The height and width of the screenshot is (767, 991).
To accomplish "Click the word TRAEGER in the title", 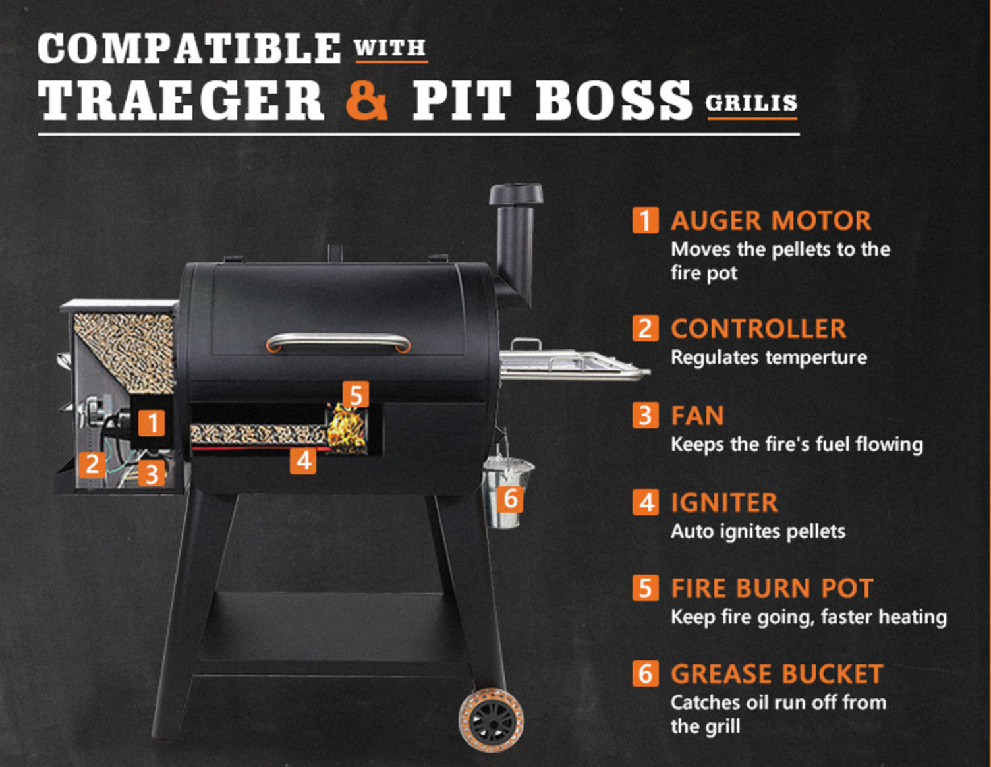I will [181, 101].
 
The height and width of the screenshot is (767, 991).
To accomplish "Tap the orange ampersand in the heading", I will [366, 100].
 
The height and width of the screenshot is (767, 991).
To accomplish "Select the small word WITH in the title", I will [390, 48].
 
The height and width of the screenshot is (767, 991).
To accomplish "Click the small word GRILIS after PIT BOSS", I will [751, 103].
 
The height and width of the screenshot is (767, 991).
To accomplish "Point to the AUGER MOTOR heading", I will [770, 221].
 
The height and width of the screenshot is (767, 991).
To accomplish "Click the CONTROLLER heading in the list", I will [758, 329].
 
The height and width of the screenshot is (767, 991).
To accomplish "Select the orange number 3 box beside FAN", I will [645, 416].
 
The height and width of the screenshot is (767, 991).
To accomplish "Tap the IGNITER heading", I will [723, 503].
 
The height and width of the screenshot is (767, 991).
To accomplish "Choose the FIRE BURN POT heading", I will [772, 588].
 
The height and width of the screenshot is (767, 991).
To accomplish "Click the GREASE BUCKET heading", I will [776, 674].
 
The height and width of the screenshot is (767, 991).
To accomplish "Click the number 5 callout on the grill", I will [356, 395].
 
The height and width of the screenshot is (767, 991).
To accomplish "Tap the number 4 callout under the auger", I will [303, 460].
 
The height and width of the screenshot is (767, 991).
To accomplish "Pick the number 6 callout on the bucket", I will [510, 499].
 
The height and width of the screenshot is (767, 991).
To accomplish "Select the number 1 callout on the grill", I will [152, 422].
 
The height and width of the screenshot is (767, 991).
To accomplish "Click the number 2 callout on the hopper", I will [92, 464].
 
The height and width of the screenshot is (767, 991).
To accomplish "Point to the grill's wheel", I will [492, 720].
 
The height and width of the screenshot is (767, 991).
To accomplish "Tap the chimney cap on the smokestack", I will [516, 194].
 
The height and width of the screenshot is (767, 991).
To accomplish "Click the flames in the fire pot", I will [347, 428].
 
